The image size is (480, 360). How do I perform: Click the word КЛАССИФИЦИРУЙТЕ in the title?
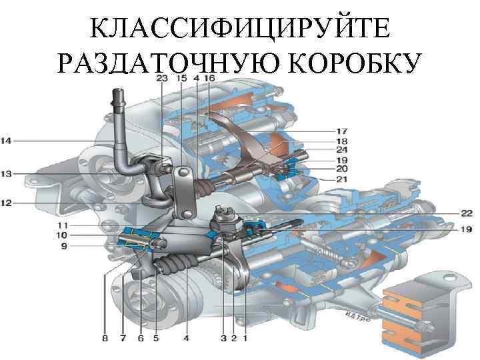(239, 29)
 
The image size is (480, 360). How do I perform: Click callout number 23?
(162, 79)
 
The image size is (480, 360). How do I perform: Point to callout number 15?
(181, 79)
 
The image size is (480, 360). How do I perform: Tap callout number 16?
(209, 79)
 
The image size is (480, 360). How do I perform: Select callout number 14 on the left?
(6, 141)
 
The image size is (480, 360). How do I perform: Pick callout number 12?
(6, 203)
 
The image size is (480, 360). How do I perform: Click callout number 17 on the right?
(341, 131)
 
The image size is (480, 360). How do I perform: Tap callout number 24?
(341, 150)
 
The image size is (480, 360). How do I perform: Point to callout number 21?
(341, 180)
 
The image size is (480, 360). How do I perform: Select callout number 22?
(466, 213)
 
